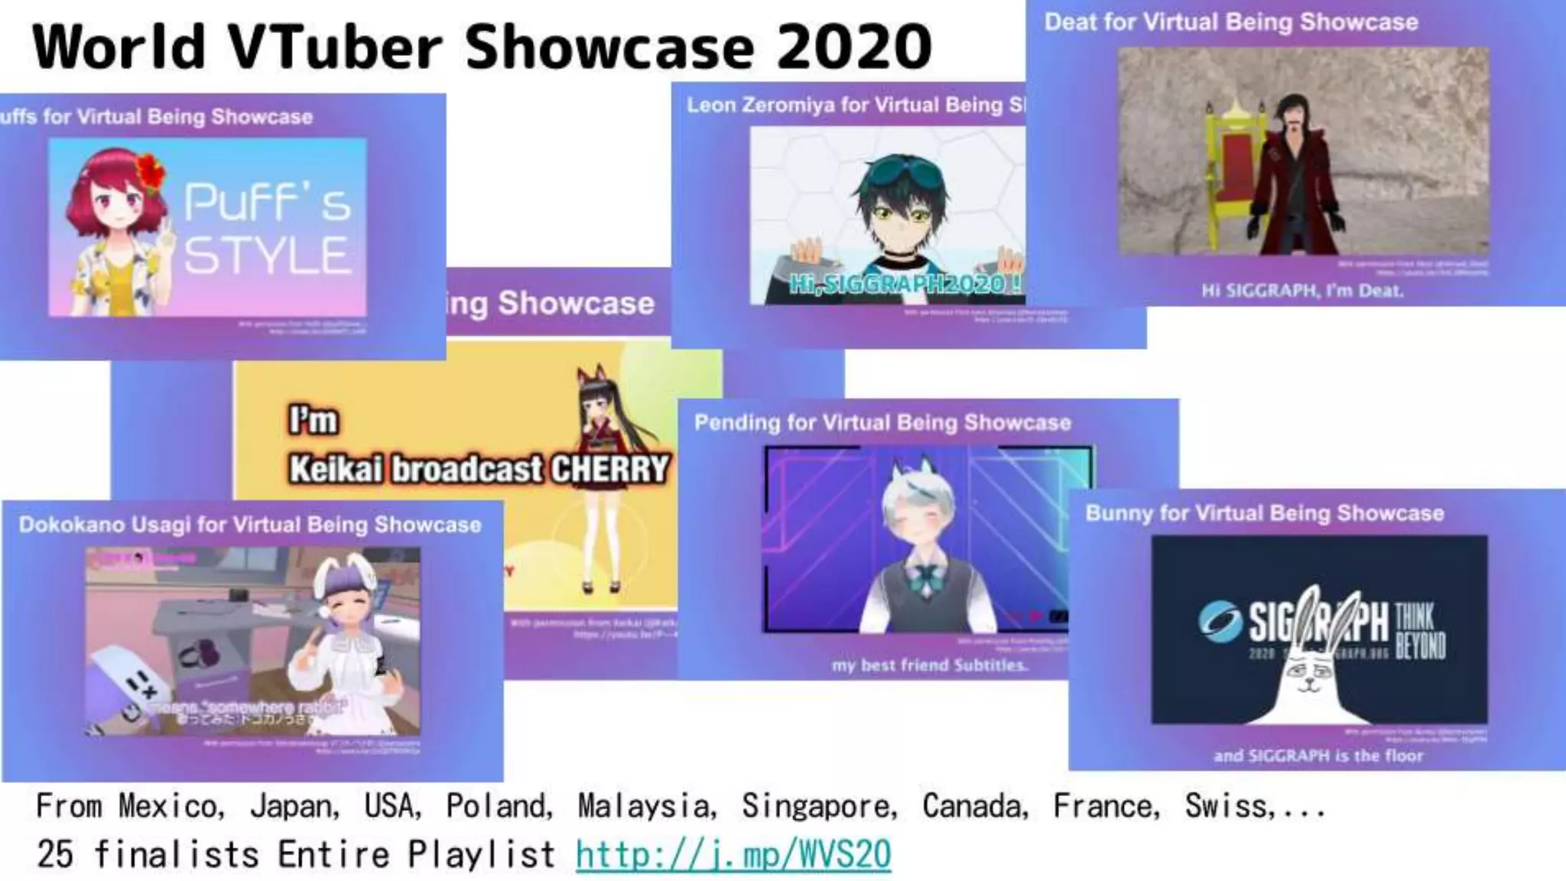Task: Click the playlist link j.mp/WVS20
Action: pyautogui.click(x=733, y=854)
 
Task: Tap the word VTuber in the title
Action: pyautogui.click(x=336, y=47)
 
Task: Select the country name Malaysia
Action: pyautogui.click(x=647, y=805)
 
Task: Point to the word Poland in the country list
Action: pyautogui.click(x=499, y=805)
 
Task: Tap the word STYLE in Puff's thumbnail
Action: pyautogui.click(x=267, y=255)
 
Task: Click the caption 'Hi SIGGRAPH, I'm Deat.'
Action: pyautogui.click(x=1302, y=291)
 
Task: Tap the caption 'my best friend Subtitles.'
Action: pyautogui.click(x=930, y=665)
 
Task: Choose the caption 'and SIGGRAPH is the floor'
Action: pyautogui.click(x=1318, y=756)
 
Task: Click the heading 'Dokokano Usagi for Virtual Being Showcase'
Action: pyautogui.click(x=250, y=525)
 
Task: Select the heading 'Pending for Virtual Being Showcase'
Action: pyautogui.click(x=882, y=423)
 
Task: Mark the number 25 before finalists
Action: pyautogui.click(x=55, y=854)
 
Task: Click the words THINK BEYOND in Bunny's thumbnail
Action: pyautogui.click(x=1419, y=631)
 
